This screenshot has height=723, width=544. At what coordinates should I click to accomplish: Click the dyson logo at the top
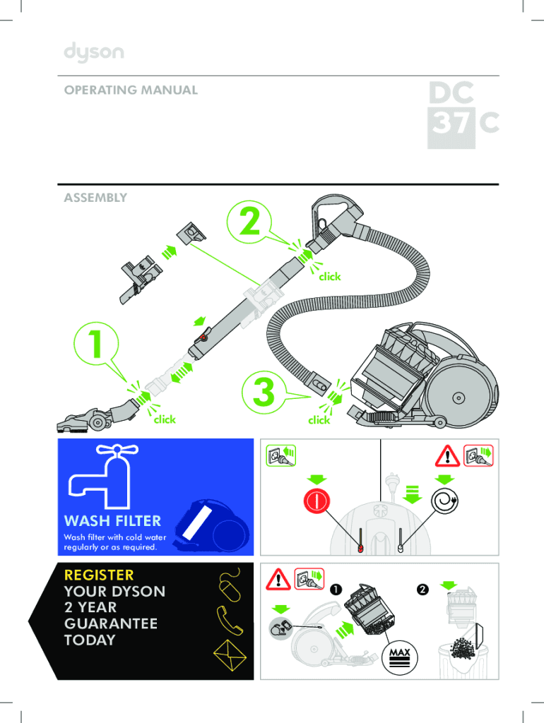pyautogui.click(x=94, y=52)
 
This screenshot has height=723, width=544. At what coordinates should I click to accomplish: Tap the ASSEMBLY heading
pyautogui.click(x=95, y=198)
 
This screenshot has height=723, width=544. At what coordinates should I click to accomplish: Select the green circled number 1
pyautogui.click(x=96, y=344)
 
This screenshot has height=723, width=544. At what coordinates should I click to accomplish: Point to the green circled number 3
pyautogui.click(x=264, y=393)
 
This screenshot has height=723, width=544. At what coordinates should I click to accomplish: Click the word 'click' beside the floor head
pyautogui.click(x=165, y=419)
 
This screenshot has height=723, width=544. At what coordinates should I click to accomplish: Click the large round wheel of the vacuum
pyautogui.click(x=459, y=397)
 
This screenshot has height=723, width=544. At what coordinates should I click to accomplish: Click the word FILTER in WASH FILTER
pyautogui.click(x=138, y=520)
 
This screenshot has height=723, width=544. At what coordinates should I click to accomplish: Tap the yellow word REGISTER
pyautogui.click(x=99, y=575)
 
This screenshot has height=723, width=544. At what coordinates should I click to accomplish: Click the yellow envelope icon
pyautogui.click(x=230, y=655)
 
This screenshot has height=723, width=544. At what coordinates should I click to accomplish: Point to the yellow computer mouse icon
pyautogui.click(x=230, y=585)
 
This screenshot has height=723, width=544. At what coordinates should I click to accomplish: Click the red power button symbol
pyautogui.click(x=317, y=501)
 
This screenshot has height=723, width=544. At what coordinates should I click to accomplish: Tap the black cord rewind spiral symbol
pyautogui.click(x=445, y=501)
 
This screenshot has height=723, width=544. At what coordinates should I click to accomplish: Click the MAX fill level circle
pyautogui.click(x=400, y=657)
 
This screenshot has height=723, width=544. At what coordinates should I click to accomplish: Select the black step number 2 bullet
pyautogui.click(x=422, y=590)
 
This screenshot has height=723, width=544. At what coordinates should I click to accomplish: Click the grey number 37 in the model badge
pyautogui.click(x=451, y=123)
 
